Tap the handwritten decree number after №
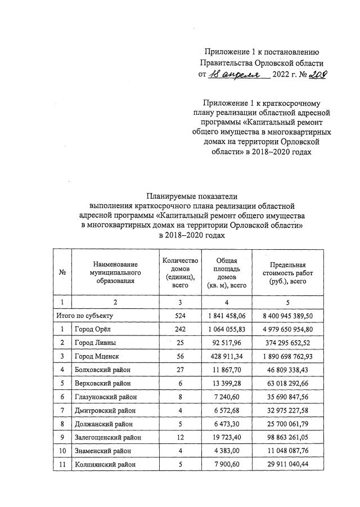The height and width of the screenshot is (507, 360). pyautogui.click(x=317, y=74)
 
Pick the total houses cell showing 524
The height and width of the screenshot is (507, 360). pyautogui.click(x=180, y=316)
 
